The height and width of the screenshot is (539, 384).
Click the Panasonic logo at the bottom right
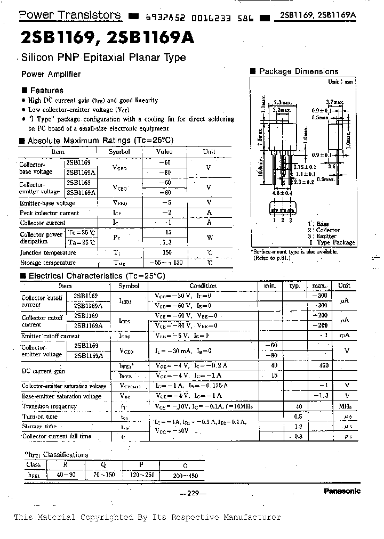[x=342, y=491]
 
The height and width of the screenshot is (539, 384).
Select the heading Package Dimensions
[x=298, y=71]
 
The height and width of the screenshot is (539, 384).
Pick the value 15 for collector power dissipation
[x=167, y=232]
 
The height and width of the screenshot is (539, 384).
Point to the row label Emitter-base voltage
[x=47, y=203]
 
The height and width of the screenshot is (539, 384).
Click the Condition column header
[x=203, y=285]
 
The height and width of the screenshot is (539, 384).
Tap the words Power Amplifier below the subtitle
[x=51, y=74]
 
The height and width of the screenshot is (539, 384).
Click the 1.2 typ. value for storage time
[x=298, y=427]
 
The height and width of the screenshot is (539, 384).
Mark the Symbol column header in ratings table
[x=119, y=151]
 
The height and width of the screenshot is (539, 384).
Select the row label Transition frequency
[x=49, y=406]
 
